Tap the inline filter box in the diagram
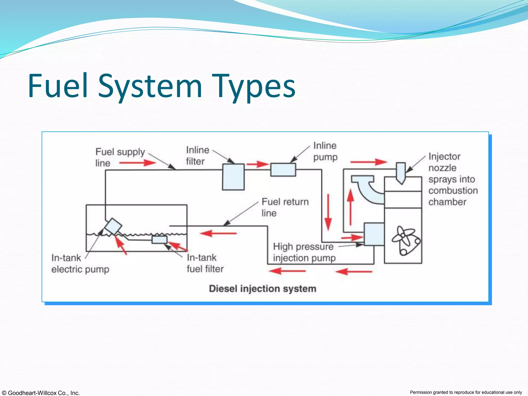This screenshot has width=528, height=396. pyautogui.click(x=233, y=177)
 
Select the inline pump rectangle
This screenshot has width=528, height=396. pyautogui.click(x=283, y=170)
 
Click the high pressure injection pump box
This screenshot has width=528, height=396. pyautogui.click(x=374, y=234)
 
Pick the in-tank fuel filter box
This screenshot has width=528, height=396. pyautogui.click(x=159, y=240)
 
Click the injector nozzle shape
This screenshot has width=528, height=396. pyautogui.click(x=401, y=172)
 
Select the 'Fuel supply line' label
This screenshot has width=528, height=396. pyautogui.click(x=120, y=157)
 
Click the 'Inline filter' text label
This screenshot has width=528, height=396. pyautogui.click(x=197, y=155)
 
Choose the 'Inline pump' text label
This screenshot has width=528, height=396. pyautogui.click(x=325, y=151)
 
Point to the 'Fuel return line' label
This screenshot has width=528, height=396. pyautogui.click(x=285, y=207)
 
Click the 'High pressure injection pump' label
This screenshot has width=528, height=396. pyautogui.click(x=304, y=252)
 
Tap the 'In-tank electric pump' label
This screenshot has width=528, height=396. pyautogui.click(x=80, y=263)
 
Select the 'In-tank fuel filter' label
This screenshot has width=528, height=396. pyautogui.click(x=205, y=263)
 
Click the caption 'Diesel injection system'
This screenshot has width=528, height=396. pyautogui.click(x=262, y=288)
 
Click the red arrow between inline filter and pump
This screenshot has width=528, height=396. pyautogui.click(x=257, y=164)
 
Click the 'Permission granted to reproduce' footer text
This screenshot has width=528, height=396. pyautogui.click(x=466, y=392)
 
